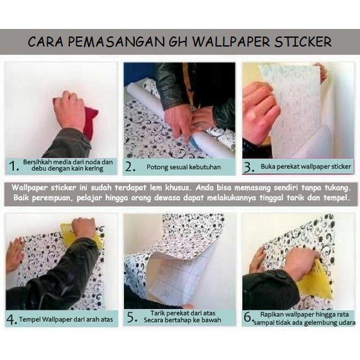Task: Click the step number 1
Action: click(x=14, y=166)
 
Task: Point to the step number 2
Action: click(x=130, y=167)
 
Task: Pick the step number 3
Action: click(x=249, y=167)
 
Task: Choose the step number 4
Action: click(x=11, y=319)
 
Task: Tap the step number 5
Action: click(x=132, y=317)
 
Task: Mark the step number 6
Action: click(x=249, y=317)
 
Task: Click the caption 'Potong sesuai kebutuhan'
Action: click(x=184, y=167)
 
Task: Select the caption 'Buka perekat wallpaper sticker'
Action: click(x=306, y=166)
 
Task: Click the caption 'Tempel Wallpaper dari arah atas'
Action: click(x=66, y=319)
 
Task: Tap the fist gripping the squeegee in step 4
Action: click(x=84, y=227)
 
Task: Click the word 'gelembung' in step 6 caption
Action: click(x=320, y=323)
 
